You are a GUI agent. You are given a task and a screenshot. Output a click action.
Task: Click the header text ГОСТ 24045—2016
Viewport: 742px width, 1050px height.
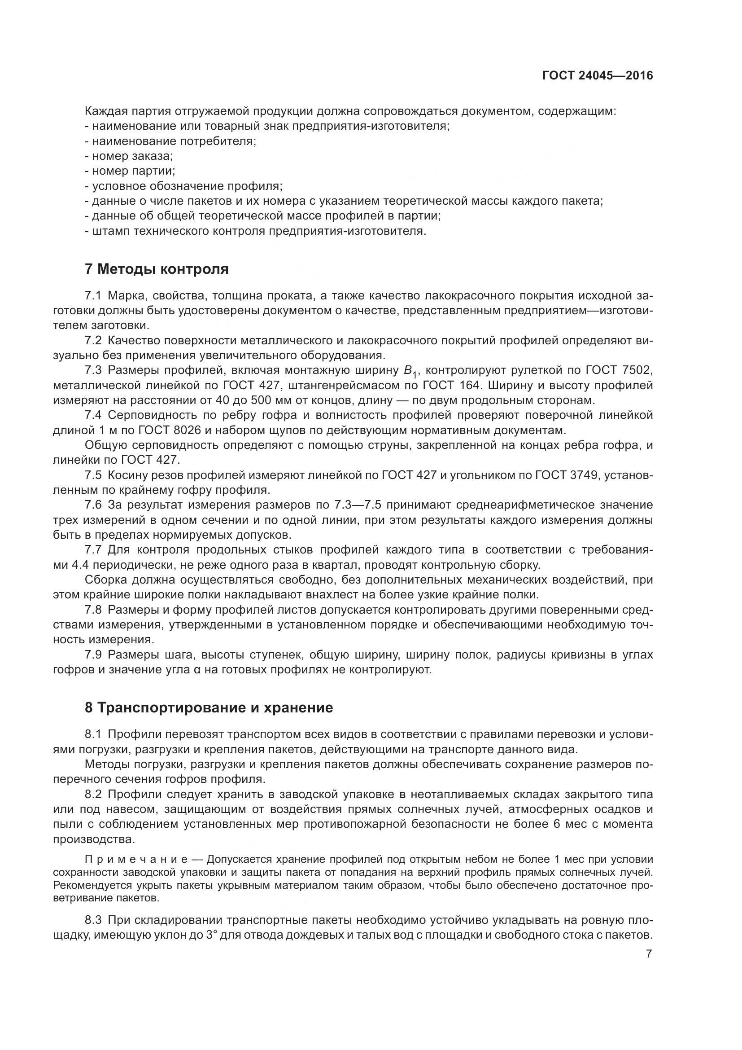point(598,76)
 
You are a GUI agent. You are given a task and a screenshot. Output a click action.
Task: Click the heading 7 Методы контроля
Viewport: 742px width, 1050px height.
point(157,269)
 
